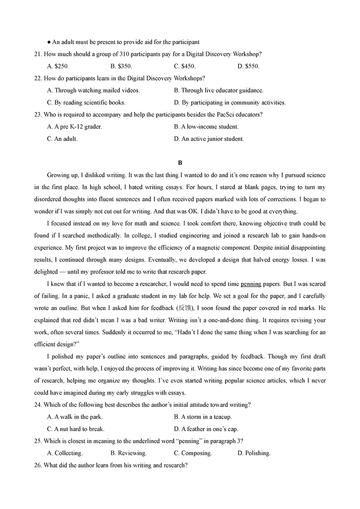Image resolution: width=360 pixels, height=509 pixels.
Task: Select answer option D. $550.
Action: (x=248, y=66)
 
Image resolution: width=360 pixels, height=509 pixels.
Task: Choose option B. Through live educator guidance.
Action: (x=219, y=90)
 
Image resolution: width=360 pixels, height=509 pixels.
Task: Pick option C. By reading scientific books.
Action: (x=86, y=103)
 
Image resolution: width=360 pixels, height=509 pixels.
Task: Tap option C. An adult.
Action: (x=62, y=139)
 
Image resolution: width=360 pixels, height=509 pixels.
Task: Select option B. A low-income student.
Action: (x=206, y=127)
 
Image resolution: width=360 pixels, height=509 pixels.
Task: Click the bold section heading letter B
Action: (x=180, y=162)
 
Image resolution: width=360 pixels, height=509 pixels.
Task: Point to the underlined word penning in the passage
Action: (x=251, y=284)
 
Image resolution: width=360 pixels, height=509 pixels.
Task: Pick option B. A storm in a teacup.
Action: (x=202, y=417)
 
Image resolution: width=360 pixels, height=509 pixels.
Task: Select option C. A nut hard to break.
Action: (x=76, y=429)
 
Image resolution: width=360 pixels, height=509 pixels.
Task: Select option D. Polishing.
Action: (x=254, y=453)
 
